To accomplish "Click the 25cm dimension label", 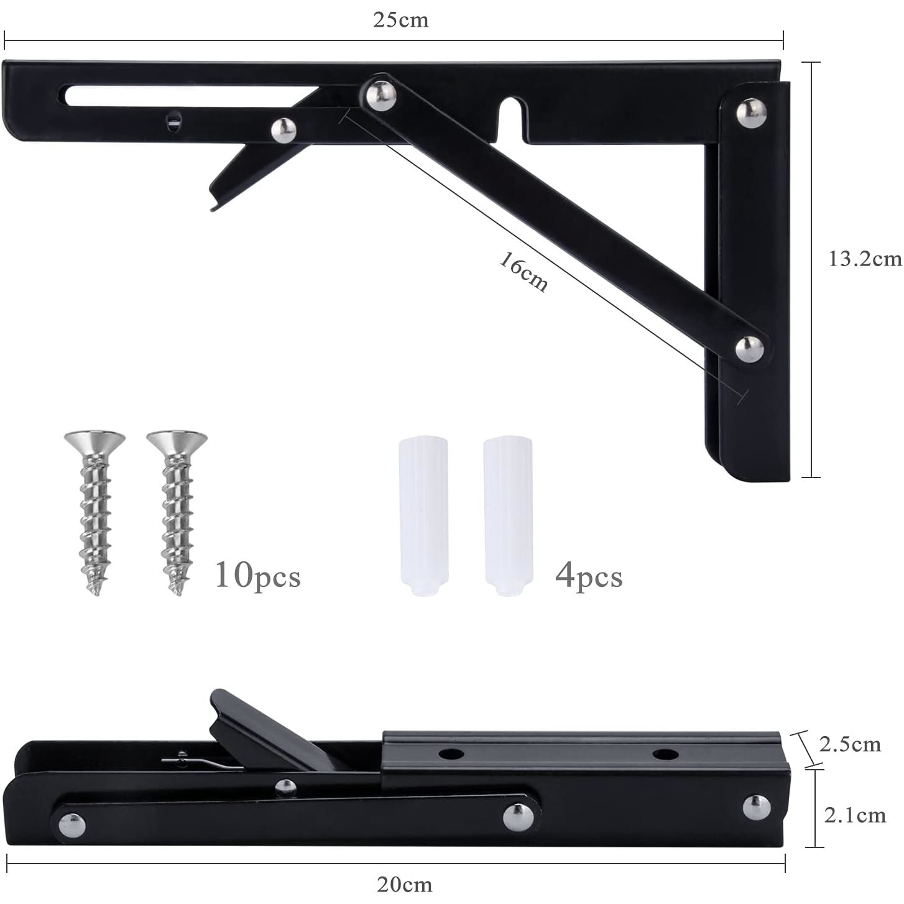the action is point(400,20).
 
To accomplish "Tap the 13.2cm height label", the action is point(865,259).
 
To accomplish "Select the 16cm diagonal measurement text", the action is point(523,272).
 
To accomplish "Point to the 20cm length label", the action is point(404,885).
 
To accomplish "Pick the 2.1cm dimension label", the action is point(855,815).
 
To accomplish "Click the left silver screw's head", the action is point(95,441).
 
